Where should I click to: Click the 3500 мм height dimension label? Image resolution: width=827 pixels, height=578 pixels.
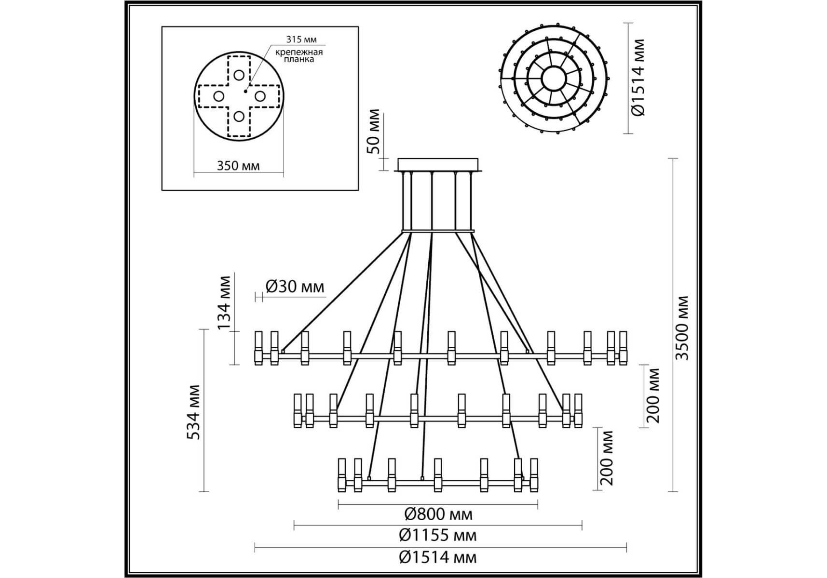[x=682, y=328]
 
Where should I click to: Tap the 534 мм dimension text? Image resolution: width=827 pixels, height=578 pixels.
[x=193, y=412]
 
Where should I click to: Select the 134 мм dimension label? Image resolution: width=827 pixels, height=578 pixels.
[x=224, y=302]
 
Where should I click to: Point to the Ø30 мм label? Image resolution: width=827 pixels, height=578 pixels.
[x=295, y=287]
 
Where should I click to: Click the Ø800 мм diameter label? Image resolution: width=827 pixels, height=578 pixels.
[x=438, y=514]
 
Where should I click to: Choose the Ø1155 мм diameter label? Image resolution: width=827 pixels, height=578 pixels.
[x=438, y=535]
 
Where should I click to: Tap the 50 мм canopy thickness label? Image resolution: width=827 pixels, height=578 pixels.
[x=373, y=131]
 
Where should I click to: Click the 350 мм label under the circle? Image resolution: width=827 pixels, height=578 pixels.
[x=238, y=166]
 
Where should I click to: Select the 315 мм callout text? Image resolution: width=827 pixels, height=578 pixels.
[x=302, y=39]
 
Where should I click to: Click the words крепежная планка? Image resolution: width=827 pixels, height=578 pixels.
[x=299, y=55]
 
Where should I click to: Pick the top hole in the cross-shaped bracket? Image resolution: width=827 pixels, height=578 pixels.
[x=239, y=75]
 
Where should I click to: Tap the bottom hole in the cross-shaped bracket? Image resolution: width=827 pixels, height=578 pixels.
[x=239, y=116]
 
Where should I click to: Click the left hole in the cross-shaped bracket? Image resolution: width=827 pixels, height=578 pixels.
[x=218, y=96]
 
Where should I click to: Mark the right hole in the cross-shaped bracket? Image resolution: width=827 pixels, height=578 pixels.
[x=259, y=96]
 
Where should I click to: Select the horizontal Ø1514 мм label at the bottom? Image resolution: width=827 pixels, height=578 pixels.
[x=438, y=557]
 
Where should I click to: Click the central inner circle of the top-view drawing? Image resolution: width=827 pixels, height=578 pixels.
[x=553, y=78]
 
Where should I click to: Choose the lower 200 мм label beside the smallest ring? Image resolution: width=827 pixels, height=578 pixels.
[x=607, y=458]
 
